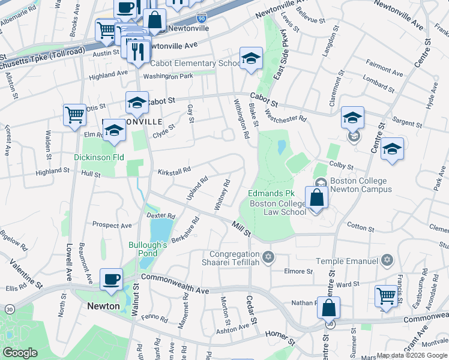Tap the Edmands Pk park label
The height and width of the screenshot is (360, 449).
[x=272, y=194]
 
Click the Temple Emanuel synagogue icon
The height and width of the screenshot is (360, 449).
[x=387, y=260]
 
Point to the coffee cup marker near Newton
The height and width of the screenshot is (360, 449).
[x=111, y=280]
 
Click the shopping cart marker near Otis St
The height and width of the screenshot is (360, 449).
[x=74, y=113]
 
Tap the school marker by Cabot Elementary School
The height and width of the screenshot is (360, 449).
[x=251, y=59]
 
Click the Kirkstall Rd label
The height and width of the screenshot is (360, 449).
[x=174, y=172]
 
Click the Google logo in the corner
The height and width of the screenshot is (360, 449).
[x=20, y=353]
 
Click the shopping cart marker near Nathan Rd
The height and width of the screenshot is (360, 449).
[x=386, y=295]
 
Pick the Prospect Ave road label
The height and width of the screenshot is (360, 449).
[x=112, y=224]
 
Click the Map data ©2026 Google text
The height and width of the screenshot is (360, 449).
[x=411, y=355]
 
